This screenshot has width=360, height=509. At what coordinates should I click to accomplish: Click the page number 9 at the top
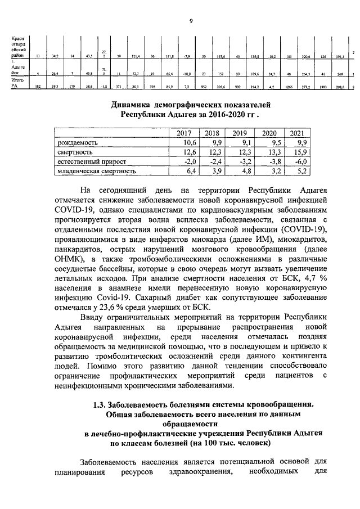tap(191, 21)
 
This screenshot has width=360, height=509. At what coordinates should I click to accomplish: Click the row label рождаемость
tap(78, 143)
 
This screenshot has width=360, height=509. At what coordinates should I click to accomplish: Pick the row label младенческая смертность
tap(97, 170)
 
